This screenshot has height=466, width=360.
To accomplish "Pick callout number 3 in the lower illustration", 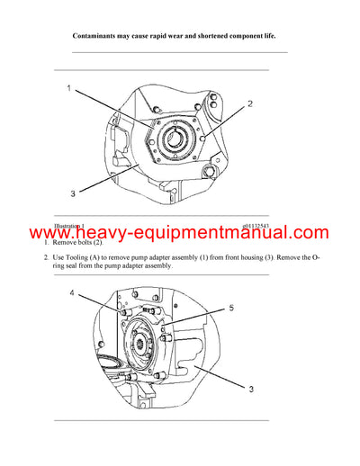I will point(250,389).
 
